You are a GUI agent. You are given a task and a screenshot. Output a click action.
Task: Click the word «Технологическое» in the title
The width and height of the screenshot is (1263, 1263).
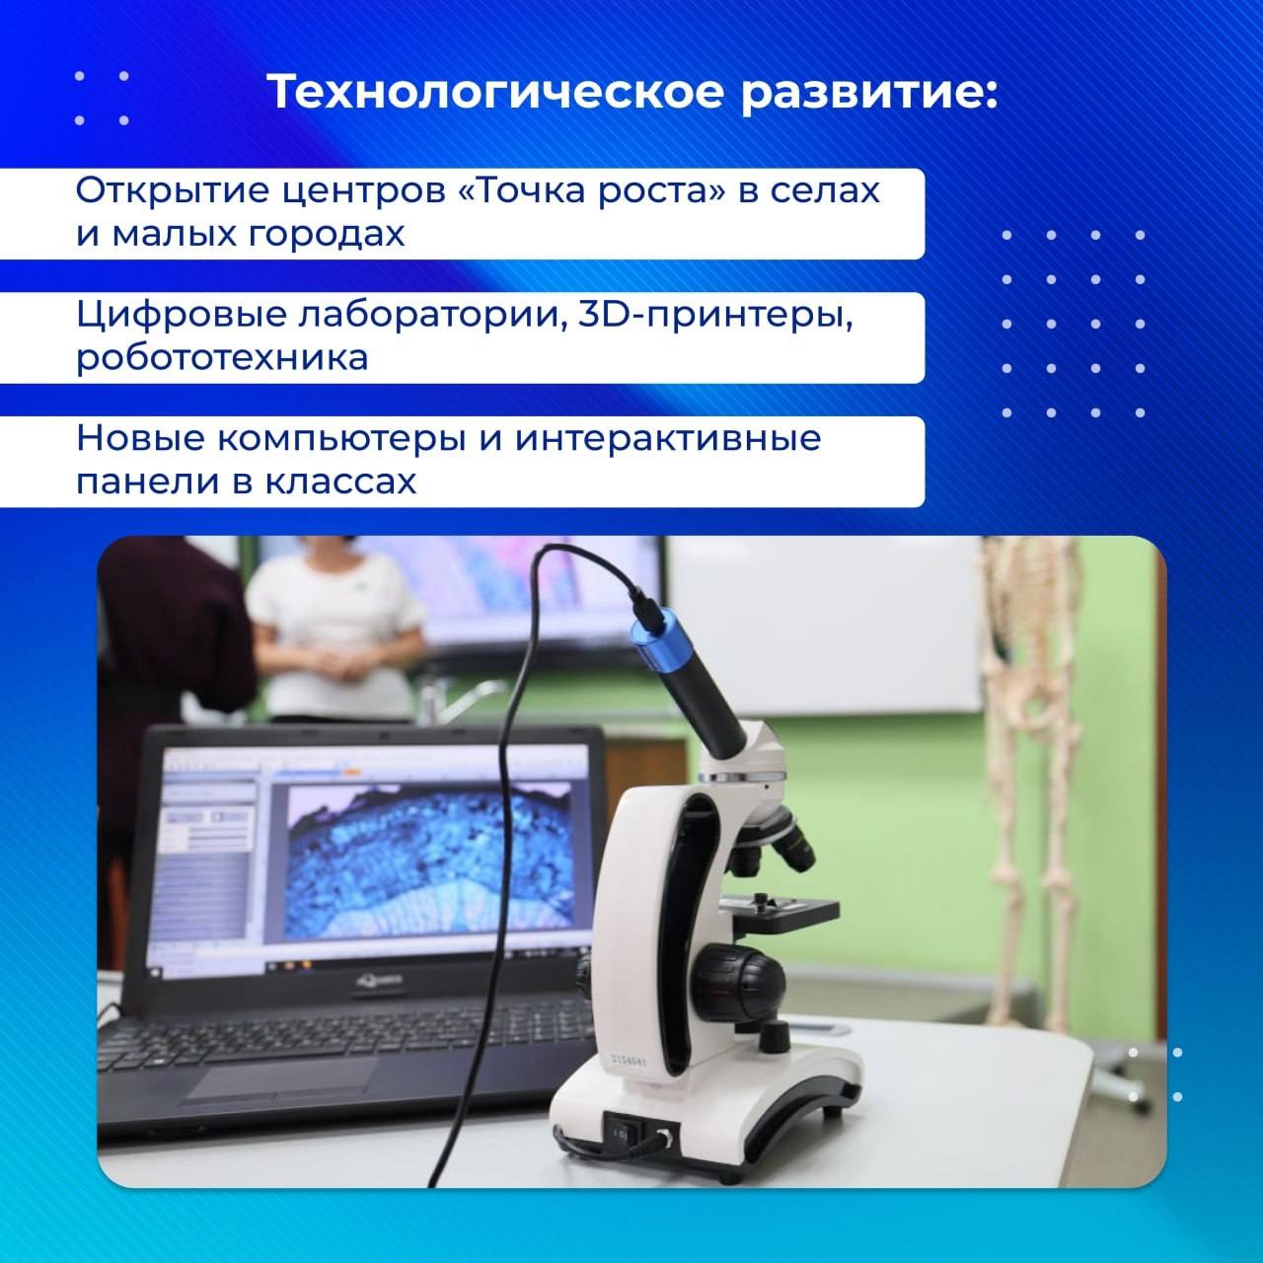[495, 93]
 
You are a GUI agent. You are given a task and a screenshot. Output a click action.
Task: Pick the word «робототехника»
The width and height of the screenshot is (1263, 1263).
[223, 358]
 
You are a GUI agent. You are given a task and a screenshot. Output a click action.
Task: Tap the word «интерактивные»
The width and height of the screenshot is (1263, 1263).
[668, 439]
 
